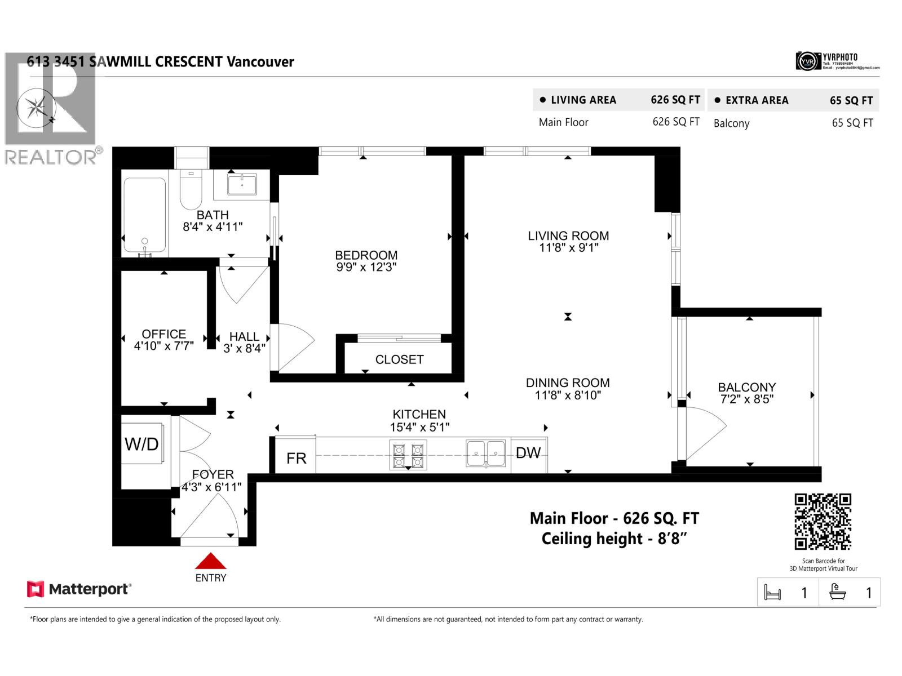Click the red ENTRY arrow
click(210, 561)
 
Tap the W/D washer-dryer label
click(142, 444)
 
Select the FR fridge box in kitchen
click(296, 458)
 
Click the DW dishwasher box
click(528, 453)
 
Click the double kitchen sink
click(485, 454)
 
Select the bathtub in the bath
click(145, 215)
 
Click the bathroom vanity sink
click(242, 184)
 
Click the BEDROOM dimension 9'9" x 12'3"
click(366, 268)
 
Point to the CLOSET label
click(399, 359)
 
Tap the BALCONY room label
click(746, 388)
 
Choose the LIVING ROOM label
click(568, 236)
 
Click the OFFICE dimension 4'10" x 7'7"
click(163, 346)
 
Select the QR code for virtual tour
click(823, 522)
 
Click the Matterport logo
click(79, 589)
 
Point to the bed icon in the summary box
click(772, 593)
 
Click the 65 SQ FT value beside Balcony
click(852, 123)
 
